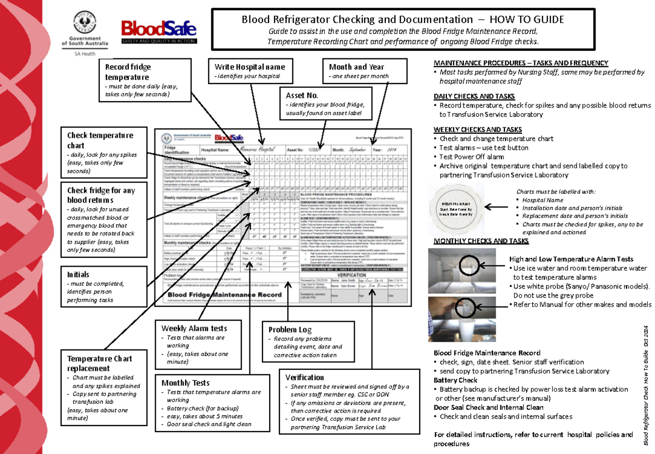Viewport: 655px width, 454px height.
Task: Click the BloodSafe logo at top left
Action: (x=159, y=32)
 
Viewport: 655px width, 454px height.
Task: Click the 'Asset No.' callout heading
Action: (x=299, y=95)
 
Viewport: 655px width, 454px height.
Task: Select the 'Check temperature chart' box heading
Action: (x=99, y=140)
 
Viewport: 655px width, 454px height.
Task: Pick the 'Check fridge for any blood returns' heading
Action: (x=100, y=196)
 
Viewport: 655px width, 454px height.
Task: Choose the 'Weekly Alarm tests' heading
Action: (x=194, y=328)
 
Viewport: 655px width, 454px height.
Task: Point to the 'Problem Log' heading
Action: (x=290, y=330)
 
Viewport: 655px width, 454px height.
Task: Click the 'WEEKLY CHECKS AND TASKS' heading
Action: (x=478, y=130)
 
